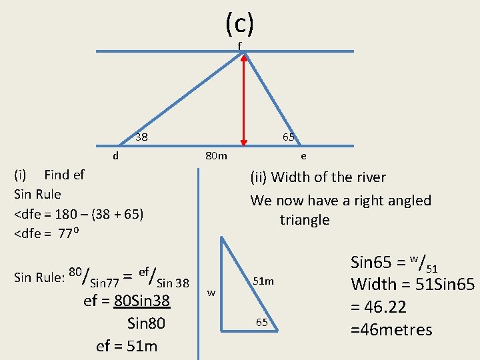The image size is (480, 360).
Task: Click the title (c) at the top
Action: coord(239,24)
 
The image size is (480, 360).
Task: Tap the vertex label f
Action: coord(240,45)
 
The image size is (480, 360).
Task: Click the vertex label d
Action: coord(116,156)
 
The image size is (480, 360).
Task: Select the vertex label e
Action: coord(303,156)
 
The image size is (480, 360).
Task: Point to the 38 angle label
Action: coord(141,138)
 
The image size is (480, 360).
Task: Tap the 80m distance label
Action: coord(216,156)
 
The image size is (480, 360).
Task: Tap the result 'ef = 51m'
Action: coord(127,345)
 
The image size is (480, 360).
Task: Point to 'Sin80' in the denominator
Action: coord(146,324)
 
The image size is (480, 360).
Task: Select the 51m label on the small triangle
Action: coord(263,281)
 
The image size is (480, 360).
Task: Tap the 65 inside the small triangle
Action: coord(263,323)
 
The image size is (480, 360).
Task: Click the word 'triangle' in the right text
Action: coord(305,220)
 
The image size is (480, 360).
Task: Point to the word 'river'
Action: coord(371,177)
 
